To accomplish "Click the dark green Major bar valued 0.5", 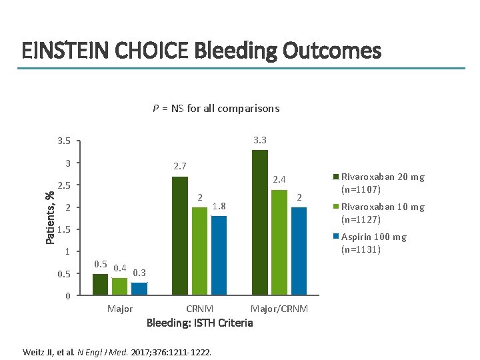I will coord(100,284).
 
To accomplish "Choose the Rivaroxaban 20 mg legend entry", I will coord(382,183).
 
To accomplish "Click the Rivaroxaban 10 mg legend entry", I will coord(382,213).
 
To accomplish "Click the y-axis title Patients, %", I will coord(49,217).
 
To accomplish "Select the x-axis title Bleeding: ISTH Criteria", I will coord(199,323).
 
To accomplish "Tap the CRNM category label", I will coord(199,309).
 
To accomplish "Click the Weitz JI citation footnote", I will coord(117,351).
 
